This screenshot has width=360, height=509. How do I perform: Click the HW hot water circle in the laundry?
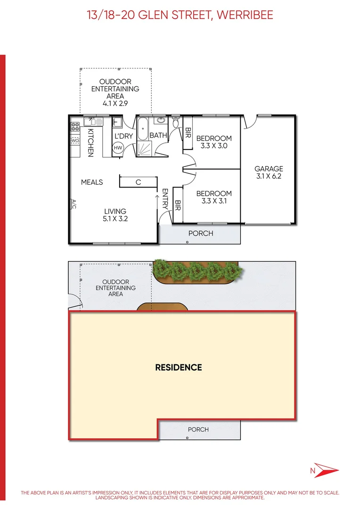118,148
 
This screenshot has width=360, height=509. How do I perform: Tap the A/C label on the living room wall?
74,204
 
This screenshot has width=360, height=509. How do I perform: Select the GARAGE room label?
269,168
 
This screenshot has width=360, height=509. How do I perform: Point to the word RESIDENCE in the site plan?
179,367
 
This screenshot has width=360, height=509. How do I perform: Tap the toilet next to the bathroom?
175,124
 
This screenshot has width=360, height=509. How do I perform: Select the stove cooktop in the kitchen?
75,126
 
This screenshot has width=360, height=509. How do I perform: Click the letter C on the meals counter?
139,182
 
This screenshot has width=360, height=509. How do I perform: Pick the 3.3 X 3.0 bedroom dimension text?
214,146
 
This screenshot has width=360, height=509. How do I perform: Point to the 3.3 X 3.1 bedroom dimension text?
214,201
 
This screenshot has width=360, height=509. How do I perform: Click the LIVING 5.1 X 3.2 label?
115,215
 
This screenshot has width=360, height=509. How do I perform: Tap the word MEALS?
92,182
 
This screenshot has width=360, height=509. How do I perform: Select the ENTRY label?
165,200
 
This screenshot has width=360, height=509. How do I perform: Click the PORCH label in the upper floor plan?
201,233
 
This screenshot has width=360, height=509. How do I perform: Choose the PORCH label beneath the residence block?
198,429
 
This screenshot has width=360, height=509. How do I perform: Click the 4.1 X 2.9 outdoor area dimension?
115,103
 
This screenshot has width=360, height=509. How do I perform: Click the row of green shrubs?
198,270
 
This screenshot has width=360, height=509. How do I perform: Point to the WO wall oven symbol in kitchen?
75,140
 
